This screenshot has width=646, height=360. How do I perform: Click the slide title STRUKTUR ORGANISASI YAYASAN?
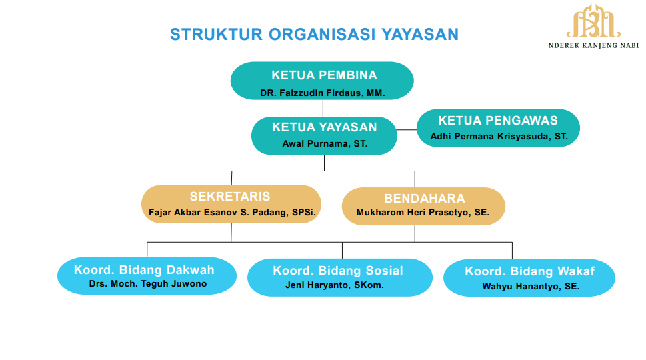[315, 34]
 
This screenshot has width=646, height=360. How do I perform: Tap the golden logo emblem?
[593, 21]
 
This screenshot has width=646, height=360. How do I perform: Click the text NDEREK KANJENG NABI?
[594, 45]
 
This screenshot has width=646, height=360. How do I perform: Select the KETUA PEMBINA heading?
[324, 75]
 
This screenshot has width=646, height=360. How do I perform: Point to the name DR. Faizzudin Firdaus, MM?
[323, 93]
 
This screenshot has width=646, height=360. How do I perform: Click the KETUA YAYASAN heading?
[324, 127]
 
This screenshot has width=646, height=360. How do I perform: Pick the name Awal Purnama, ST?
[325, 144]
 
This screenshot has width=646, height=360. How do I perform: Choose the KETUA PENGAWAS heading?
[498, 120]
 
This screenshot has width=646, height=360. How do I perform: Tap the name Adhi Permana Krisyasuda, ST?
[499, 137]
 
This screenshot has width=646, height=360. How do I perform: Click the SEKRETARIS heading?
[230, 197]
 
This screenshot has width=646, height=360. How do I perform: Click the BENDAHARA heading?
[425, 199]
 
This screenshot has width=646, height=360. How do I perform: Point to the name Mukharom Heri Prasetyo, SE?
[423, 213]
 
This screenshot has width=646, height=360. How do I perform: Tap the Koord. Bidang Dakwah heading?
[144, 270]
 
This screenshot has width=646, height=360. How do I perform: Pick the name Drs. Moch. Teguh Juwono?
[148, 284]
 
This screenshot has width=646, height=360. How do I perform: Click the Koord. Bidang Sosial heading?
[338, 271]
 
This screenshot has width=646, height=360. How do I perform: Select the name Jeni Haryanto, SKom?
[335, 285]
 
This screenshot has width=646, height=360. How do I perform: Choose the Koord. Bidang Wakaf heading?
[530, 271]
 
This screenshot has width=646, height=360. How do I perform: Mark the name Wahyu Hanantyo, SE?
[531, 286]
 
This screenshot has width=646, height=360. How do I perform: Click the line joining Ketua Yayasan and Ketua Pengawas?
[407, 130]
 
